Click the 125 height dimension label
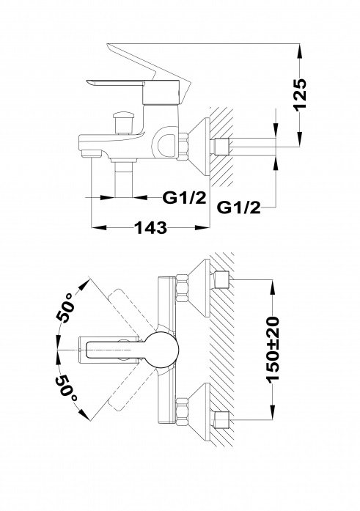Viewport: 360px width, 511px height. tap(300, 95)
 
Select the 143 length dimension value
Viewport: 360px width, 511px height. tap(150, 227)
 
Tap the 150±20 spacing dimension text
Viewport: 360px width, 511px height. tap(273, 349)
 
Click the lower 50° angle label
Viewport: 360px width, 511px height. tap(66, 389)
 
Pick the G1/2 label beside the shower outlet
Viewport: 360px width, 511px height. tap(184, 197)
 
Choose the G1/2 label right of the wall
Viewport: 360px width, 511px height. tap(238, 207)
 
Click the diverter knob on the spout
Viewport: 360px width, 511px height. tap(123, 122)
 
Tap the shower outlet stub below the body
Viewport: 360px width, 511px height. tap(123, 178)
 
